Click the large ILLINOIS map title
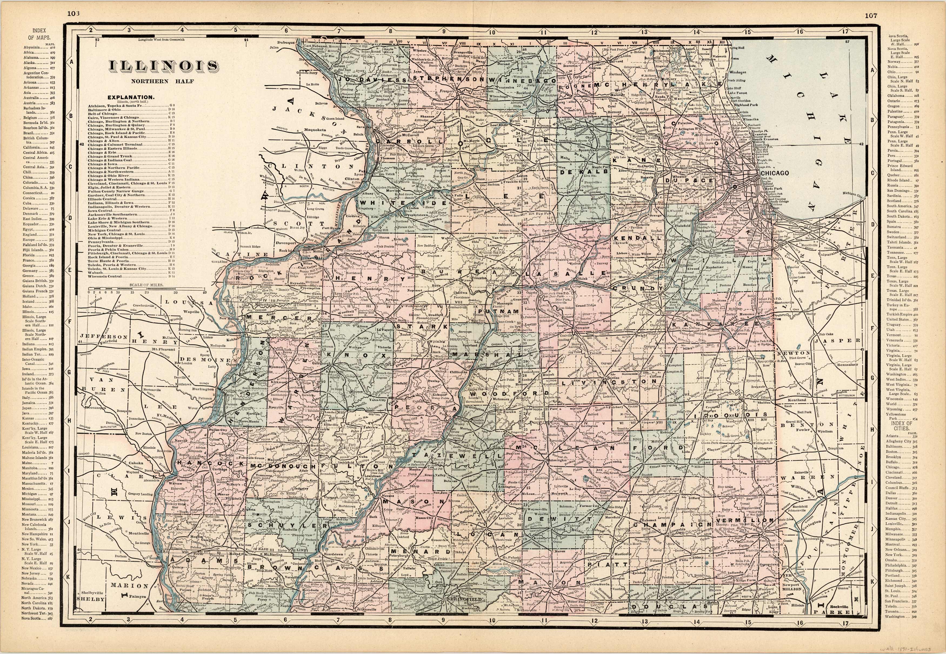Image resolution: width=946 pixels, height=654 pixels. pyautogui.click(x=163, y=67)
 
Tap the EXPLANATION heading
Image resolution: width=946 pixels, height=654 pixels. pyautogui.click(x=131, y=98)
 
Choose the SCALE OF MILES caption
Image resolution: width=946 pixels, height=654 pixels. pyautogui.click(x=146, y=285)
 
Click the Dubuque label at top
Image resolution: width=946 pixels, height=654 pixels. pyautogui.click(x=286, y=43)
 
